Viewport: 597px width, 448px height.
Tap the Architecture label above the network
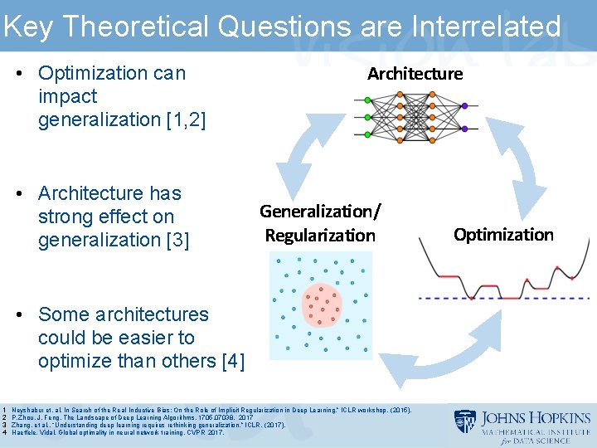415,74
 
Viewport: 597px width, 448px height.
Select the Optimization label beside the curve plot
503,235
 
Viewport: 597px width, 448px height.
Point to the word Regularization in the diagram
320,236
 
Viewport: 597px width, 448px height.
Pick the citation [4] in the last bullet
231,362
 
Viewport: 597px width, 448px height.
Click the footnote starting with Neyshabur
207,411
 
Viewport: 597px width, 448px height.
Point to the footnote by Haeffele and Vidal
116,433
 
